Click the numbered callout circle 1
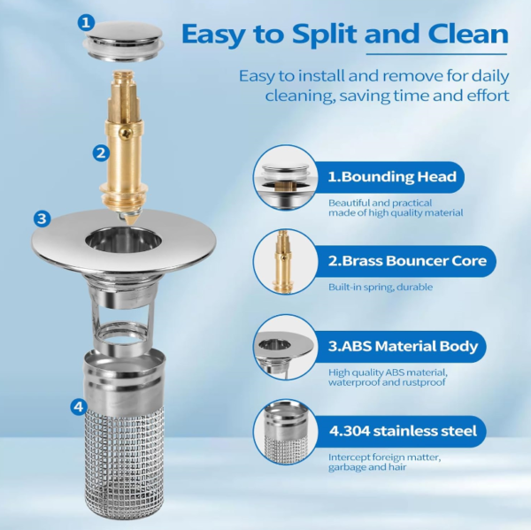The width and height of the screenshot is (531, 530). point(86,22)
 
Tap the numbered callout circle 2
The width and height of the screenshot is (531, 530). point(102,152)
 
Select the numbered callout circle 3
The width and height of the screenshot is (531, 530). point(42,219)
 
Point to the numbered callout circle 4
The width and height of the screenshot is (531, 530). point(80,407)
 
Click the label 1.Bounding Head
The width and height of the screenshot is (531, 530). point(392,176)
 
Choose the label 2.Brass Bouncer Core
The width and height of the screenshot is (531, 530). point(406,261)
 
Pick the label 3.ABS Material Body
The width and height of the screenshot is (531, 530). point(403,346)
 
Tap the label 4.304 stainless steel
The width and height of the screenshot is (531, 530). point(403,432)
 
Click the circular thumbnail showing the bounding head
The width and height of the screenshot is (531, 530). point(285,177)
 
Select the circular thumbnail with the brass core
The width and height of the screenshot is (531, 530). point(285,262)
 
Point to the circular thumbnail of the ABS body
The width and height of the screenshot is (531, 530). point(285,347)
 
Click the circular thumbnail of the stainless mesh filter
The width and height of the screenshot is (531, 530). point(285,433)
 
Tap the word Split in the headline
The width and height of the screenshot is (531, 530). point(306,35)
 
